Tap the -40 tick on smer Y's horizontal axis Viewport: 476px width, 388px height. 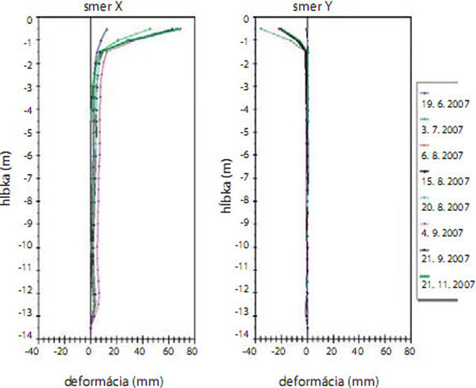pyautogui.click(x=248, y=349)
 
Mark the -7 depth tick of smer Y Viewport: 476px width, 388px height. pyautogui.click(x=243, y=177)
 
